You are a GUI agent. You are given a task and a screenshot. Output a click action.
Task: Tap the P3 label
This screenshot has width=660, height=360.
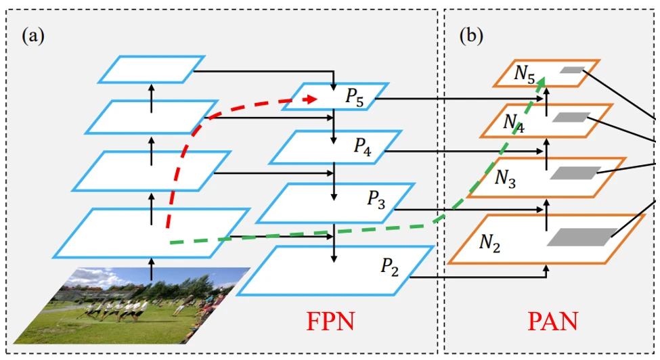tap(376, 198)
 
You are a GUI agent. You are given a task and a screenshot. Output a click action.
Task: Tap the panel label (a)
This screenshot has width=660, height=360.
tap(33, 36)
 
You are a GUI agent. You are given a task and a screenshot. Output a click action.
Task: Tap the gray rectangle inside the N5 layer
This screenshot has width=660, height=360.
tap(571, 70)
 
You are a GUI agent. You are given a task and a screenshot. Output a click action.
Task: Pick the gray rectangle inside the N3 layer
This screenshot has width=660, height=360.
tap(575, 173)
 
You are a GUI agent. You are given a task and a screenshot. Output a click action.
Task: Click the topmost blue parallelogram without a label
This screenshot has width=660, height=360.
tap(151, 69)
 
